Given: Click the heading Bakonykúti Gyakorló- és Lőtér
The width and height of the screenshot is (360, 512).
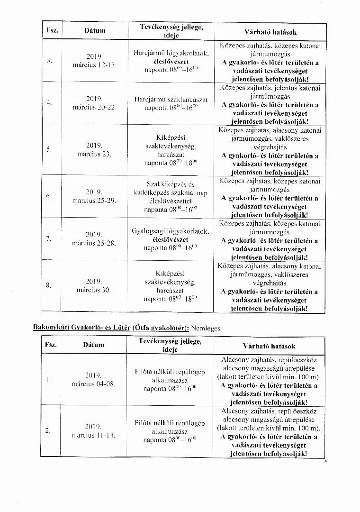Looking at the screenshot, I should [x=110, y=328].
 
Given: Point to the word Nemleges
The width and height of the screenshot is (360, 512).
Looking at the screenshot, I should [x=206, y=328].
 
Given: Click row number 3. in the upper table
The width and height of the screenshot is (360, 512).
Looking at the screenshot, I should [x=49, y=61].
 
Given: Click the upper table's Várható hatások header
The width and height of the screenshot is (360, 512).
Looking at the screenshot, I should [x=270, y=32].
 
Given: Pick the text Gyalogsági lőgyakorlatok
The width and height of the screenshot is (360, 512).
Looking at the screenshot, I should [x=171, y=231].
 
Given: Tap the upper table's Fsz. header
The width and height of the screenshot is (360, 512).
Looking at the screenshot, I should [x=52, y=30].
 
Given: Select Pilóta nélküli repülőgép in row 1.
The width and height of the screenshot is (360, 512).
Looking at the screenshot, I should [x=170, y=371].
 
